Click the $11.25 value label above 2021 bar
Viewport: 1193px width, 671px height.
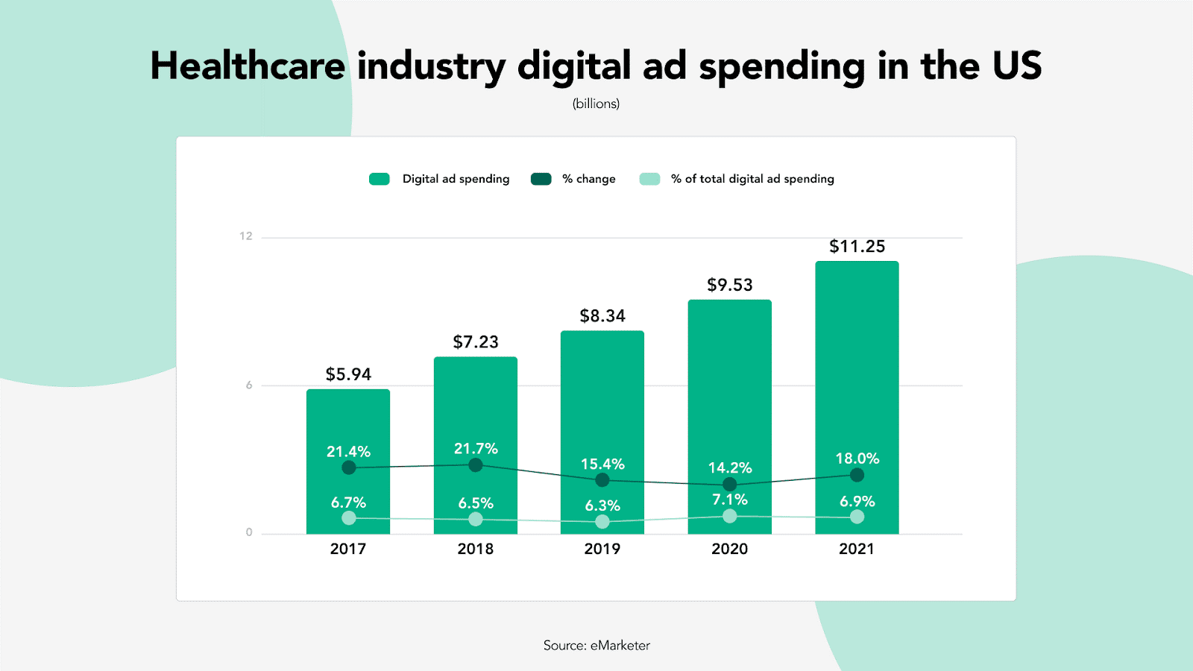[857, 247]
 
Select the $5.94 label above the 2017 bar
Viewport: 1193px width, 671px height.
[348, 374]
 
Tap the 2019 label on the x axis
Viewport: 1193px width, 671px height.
[602, 549]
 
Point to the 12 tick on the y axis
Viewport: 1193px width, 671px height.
[246, 236]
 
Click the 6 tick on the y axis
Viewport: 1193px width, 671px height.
[249, 385]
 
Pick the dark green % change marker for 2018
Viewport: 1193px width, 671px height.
[476, 465]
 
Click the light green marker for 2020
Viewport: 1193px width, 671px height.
[730, 516]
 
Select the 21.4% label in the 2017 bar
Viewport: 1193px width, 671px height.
[348, 452]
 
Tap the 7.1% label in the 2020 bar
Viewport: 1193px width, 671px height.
[730, 500]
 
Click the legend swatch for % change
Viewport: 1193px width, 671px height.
[541, 179]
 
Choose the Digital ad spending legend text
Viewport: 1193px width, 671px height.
[456, 179]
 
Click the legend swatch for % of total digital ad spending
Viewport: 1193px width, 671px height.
[649, 179]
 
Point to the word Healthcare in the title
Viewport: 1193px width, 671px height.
[248, 66]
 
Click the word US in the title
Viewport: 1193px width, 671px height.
[1017, 66]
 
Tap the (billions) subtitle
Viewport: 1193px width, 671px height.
[596, 104]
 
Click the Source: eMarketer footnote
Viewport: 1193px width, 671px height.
[596, 646]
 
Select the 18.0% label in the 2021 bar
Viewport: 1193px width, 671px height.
[857, 459]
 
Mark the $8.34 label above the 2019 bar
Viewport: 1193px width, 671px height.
[602, 316]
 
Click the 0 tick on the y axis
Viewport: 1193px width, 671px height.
[249, 532]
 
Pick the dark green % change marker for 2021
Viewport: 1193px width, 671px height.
[857, 475]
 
